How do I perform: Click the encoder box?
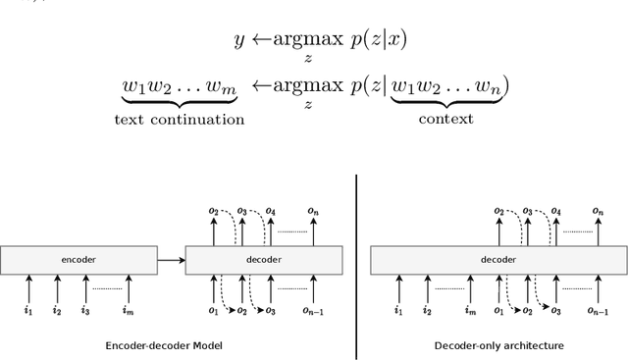(x=78, y=261)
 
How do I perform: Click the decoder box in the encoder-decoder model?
(x=263, y=261)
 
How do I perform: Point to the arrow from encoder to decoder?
(x=171, y=260)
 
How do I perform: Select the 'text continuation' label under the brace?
(x=179, y=120)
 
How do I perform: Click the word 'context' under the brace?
(x=445, y=120)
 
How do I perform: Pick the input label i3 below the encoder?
(x=86, y=311)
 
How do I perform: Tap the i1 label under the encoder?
(x=28, y=311)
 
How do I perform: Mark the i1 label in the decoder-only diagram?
(x=397, y=311)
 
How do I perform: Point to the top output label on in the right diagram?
(x=598, y=211)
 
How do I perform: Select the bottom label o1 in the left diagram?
(x=214, y=311)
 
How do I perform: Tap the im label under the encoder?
(x=126, y=311)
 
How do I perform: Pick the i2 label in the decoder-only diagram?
(x=427, y=311)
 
